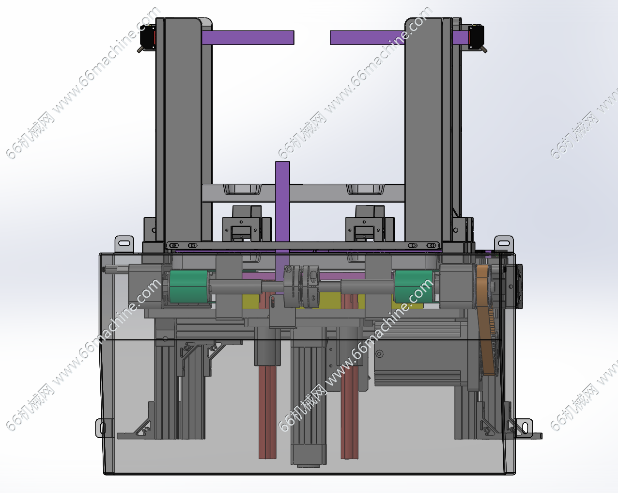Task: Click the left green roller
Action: pos(189,286)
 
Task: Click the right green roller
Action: pos(414,286)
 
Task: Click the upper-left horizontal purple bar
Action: pos(248,38)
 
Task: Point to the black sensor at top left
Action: pos(148,38)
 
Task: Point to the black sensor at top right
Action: pos(477,38)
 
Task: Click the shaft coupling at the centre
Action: pos(301,286)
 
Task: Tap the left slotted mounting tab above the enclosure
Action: pos(124,244)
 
